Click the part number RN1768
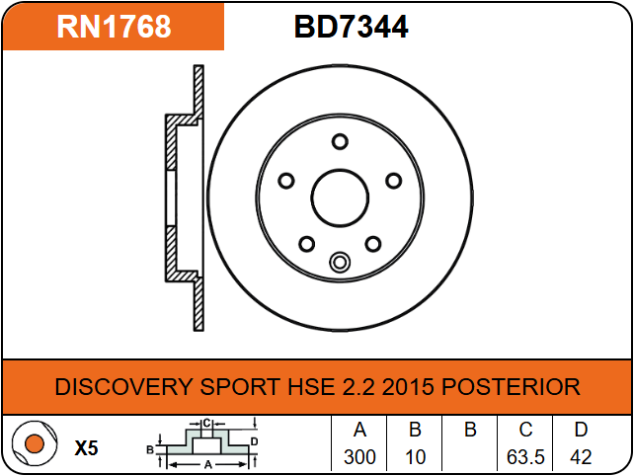coord(114,27)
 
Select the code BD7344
coord(351,27)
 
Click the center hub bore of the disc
coord(340,198)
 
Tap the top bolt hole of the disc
coord(340,141)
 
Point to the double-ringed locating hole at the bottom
coord(340,262)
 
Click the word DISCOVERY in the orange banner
coord(123,386)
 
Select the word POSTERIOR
coord(511,386)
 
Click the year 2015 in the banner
coord(408,386)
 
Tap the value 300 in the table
coord(359,457)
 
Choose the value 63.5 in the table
coord(525,457)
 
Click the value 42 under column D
coord(581,457)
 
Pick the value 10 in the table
coord(415,457)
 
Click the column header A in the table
coord(359,430)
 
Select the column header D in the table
coord(581,430)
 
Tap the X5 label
coord(87,448)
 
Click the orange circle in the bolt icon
coord(34,443)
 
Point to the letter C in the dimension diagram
coord(206,424)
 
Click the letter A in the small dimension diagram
coord(207,465)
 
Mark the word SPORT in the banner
coord(240,386)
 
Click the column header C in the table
coord(525,430)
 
